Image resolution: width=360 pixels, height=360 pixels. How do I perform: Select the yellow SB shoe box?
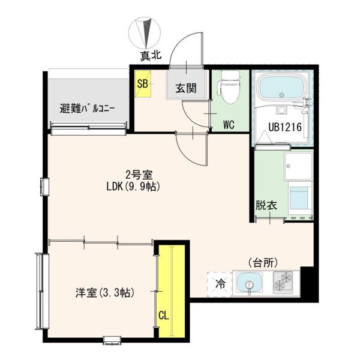(143, 84)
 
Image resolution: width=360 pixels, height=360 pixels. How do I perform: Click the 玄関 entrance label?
(186, 88)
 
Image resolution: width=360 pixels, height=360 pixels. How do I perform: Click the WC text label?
(228, 125)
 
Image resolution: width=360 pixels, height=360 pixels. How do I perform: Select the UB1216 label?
(284, 127)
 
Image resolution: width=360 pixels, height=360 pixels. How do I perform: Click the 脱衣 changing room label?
(266, 205)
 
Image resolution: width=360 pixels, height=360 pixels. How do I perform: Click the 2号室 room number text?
(139, 175)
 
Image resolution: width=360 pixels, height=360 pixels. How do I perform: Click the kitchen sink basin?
(250, 283)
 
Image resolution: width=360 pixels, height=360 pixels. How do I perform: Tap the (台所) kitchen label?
(263, 262)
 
